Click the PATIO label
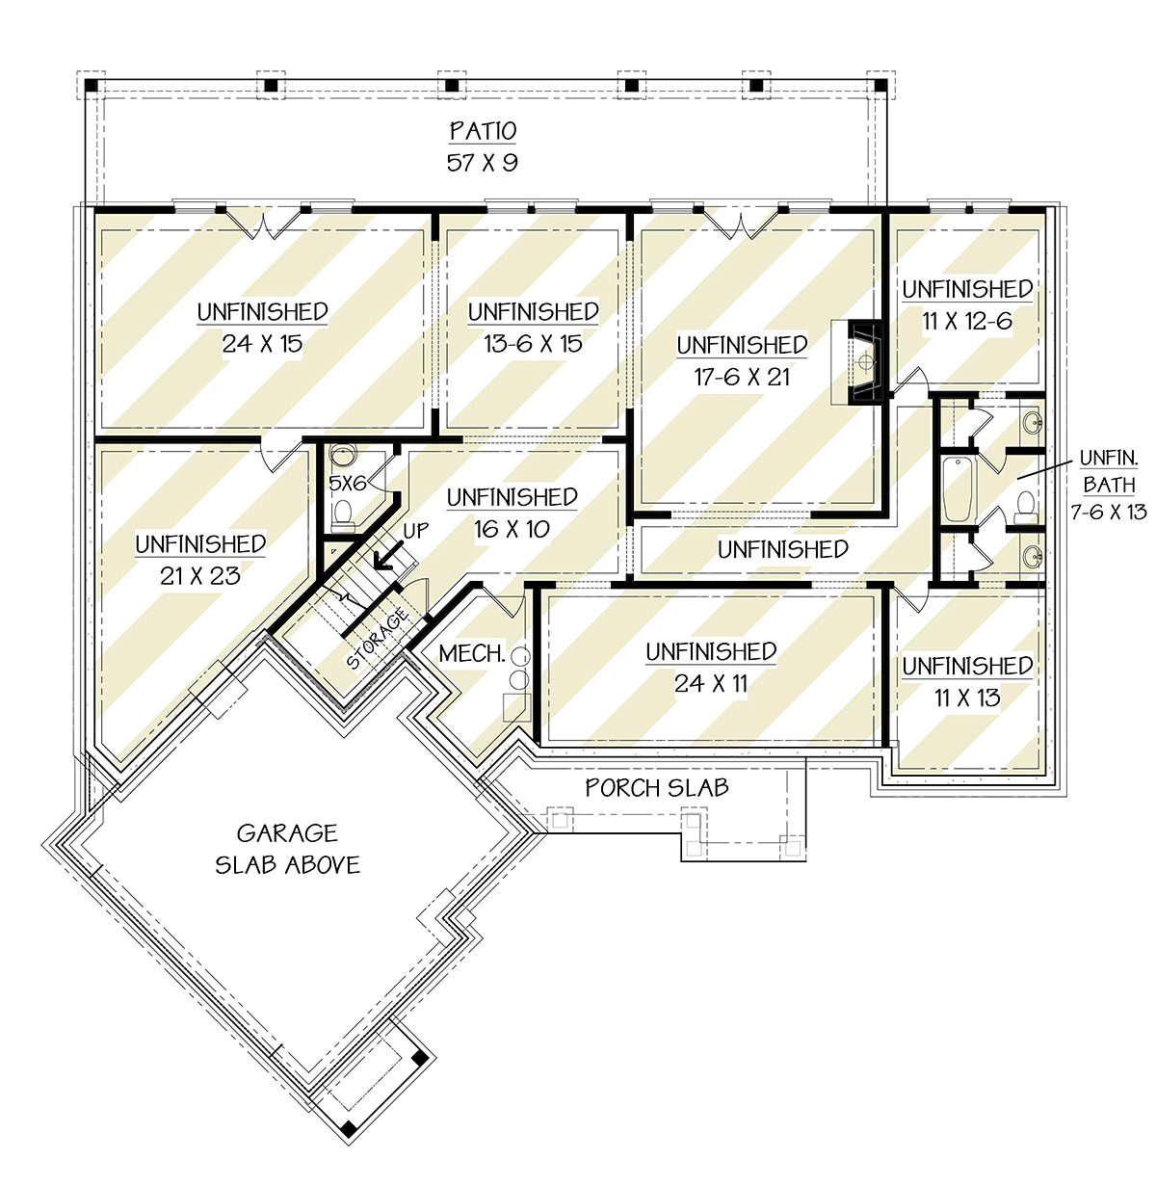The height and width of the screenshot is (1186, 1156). [x=483, y=131]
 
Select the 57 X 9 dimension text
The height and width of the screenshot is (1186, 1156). [x=482, y=163]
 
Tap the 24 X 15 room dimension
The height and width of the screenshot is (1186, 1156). [x=262, y=344]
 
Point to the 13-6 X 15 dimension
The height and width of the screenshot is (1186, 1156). [x=534, y=344]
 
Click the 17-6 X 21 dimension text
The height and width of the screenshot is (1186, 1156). [x=742, y=378]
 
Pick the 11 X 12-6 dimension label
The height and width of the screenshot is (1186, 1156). [x=967, y=321]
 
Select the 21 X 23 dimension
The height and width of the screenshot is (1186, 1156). [x=199, y=576]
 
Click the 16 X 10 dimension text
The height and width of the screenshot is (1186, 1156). [x=512, y=529]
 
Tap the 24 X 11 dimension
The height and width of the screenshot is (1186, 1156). [x=711, y=684]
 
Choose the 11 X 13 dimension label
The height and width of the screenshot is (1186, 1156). [x=967, y=698]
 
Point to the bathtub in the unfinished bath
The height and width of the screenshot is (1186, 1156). [x=958, y=488]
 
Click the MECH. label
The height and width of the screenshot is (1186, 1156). [x=472, y=654]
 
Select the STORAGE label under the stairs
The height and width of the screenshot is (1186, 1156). [x=378, y=638]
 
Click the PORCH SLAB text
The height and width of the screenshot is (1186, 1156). [x=656, y=787]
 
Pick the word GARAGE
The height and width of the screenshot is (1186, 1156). [x=286, y=833]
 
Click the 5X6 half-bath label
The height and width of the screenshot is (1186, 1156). [x=348, y=484]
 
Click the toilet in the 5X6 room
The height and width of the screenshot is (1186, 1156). [x=344, y=514]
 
